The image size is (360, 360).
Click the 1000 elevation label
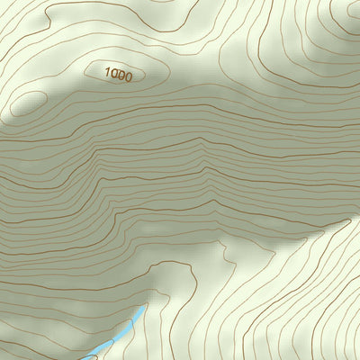118,76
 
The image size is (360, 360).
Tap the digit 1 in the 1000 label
107,75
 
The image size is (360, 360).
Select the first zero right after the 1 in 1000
113,76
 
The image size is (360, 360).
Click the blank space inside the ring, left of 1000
95,71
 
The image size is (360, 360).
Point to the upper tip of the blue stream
144,306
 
